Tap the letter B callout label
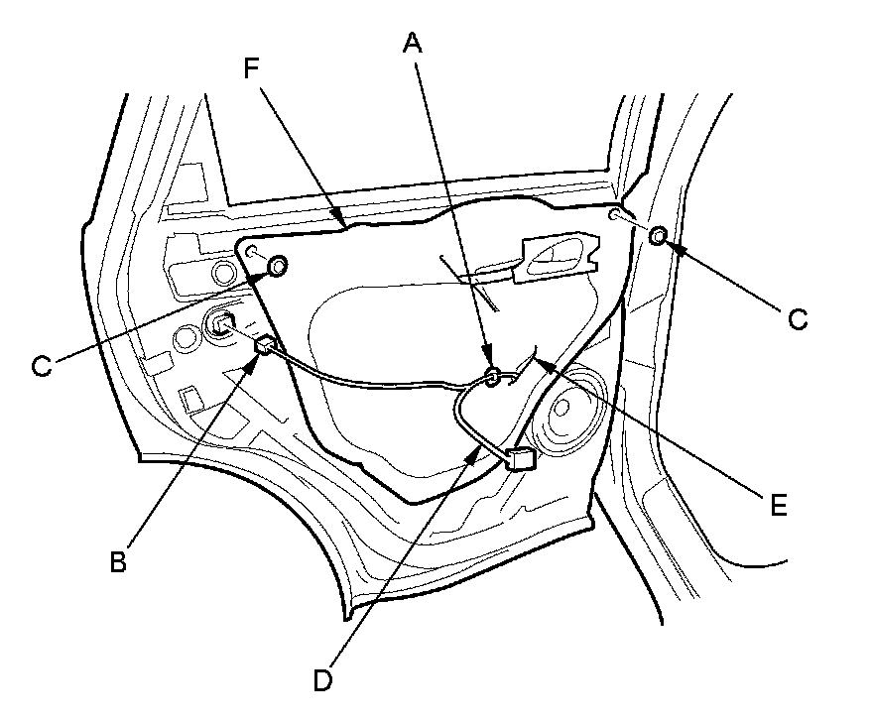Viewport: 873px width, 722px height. (117, 560)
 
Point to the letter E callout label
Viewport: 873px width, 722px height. (780, 505)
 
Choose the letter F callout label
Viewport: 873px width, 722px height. (251, 69)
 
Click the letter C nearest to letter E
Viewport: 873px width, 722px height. (798, 319)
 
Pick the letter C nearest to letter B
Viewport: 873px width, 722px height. (41, 366)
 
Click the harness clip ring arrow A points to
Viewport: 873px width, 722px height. (492, 374)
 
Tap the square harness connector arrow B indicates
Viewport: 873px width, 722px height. (265, 344)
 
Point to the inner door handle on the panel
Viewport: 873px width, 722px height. (560, 255)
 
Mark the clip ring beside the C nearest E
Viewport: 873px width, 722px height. (657, 235)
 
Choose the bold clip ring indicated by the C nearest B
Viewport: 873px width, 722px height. (278, 265)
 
